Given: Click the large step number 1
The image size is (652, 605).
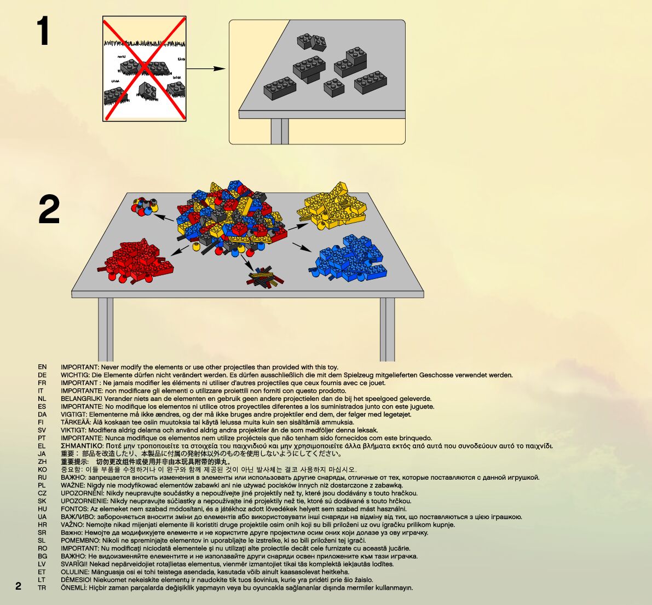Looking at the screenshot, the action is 43,32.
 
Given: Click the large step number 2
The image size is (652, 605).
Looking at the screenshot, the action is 49,211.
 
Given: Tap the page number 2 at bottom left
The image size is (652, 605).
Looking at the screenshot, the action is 19,586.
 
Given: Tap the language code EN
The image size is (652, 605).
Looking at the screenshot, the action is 42,367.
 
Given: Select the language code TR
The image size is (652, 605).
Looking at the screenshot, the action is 42,588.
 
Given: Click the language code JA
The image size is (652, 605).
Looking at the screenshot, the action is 42,454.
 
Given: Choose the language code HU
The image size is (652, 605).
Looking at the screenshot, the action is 42,509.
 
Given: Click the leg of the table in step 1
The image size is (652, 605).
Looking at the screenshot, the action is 279,131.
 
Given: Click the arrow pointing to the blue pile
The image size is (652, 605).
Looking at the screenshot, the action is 302,247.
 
